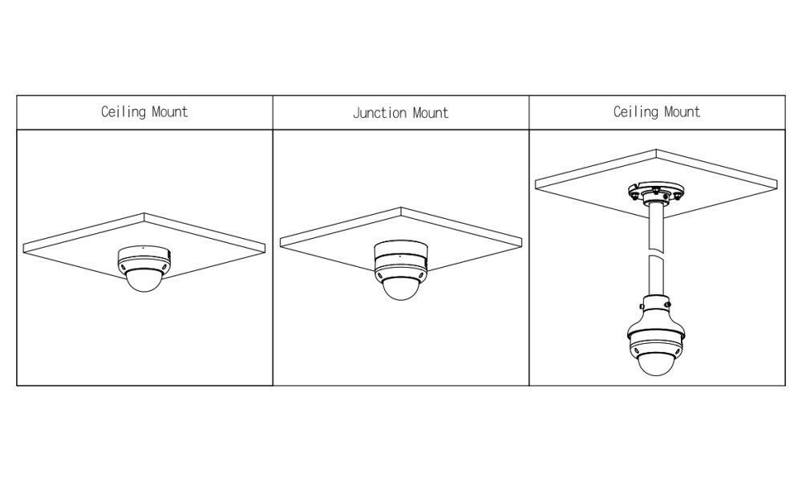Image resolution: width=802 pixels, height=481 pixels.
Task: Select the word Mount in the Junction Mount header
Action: [x=431, y=112]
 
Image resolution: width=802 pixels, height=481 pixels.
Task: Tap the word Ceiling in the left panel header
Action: [x=124, y=112]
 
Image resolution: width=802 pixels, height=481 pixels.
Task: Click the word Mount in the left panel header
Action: [x=170, y=112]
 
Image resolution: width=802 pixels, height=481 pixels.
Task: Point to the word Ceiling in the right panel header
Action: [x=636, y=112]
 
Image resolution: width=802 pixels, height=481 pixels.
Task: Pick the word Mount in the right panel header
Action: [x=683, y=112]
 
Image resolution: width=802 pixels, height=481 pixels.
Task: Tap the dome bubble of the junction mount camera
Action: [x=401, y=289]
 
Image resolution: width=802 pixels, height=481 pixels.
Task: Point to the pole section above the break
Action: [x=656, y=226]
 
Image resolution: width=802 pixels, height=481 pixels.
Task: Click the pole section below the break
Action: [x=656, y=276]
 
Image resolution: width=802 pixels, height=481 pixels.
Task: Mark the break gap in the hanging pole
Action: [x=656, y=253]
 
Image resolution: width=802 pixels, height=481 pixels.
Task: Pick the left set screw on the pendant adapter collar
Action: [x=642, y=305]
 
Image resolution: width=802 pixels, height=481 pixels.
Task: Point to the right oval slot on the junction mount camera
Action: [x=422, y=275]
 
